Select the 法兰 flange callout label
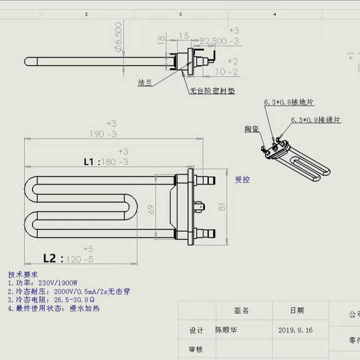[x=145, y=83]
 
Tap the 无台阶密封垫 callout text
[x=212, y=91]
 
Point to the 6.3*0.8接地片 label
[x=289, y=102]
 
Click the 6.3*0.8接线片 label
[x=316, y=120]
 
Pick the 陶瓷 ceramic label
[x=252, y=129]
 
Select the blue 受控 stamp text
[x=242, y=179]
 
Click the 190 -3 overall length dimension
[x=102, y=134]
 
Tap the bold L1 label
[x=91, y=161]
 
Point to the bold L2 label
[x=52, y=258]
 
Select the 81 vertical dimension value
[x=222, y=206]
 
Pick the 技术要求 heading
[x=22, y=274]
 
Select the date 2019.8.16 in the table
[x=295, y=330]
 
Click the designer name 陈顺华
[x=227, y=330]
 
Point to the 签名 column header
[x=241, y=310]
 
